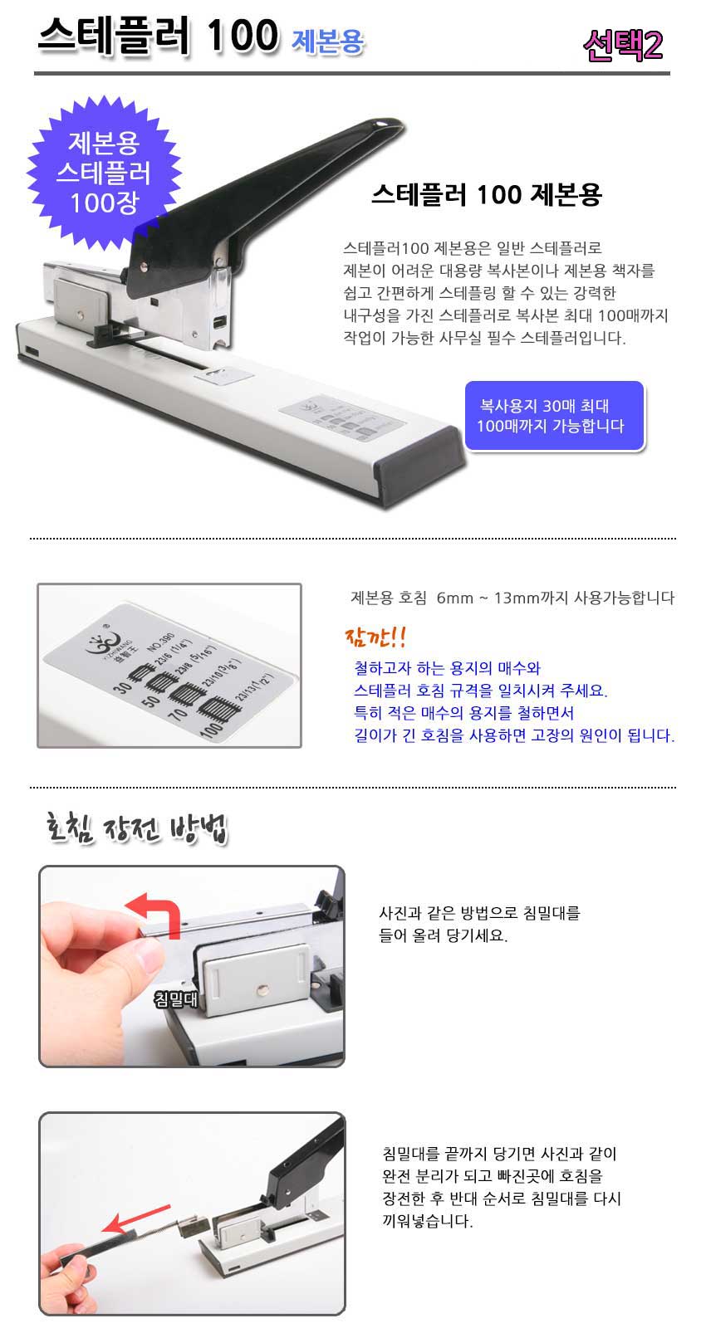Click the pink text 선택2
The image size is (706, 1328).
pos(623,45)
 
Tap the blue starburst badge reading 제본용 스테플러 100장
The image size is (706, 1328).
pos(105,173)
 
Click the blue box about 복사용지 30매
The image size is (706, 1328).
pos(554,416)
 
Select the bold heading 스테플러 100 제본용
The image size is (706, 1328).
pos(487,194)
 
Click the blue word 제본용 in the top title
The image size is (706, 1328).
pos(327,41)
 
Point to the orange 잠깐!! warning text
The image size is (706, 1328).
pos(375,637)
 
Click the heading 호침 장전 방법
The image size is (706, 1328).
pos(136,828)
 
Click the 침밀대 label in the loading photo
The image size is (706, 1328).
pos(175,999)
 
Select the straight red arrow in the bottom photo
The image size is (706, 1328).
pos(136,1218)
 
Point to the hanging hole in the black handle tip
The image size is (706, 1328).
pos(380,125)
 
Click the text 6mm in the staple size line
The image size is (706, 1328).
pos(454,598)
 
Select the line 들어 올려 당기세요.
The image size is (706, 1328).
pos(444,935)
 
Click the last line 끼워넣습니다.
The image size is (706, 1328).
pos(427,1222)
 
